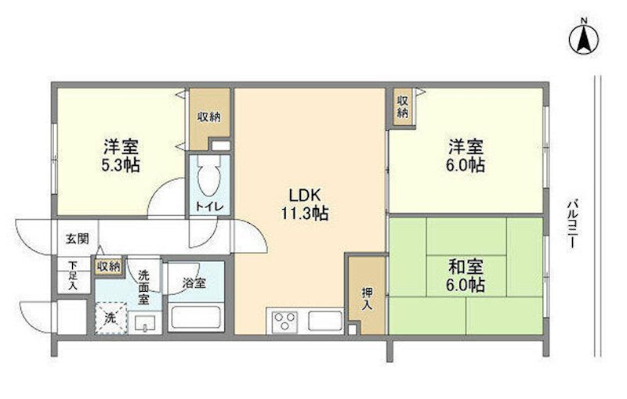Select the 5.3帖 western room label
(x=121, y=156)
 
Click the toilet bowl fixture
(x=208, y=178)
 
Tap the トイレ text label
(x=209, y=207)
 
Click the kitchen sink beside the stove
(x=323, y=321)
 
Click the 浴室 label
(x=195, y=283)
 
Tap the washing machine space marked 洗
(x=111, y=318)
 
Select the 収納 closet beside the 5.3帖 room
(x=208, y=117)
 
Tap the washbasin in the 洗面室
(x=145, y=322)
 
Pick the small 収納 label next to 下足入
(x=108, y=266)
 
